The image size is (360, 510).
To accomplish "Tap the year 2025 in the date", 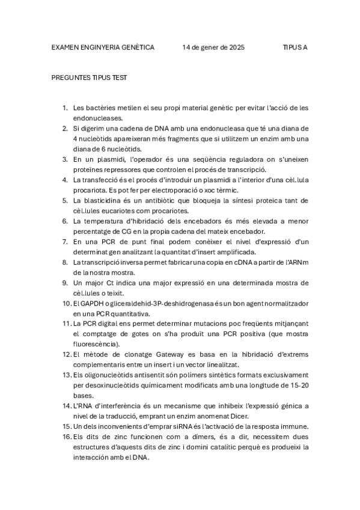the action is point(236,47).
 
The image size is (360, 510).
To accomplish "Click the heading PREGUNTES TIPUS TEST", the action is point(89,78).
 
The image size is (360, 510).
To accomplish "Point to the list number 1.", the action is point(65,108).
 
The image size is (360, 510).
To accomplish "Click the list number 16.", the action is point(66,437).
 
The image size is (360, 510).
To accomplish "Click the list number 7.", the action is point(65,242).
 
